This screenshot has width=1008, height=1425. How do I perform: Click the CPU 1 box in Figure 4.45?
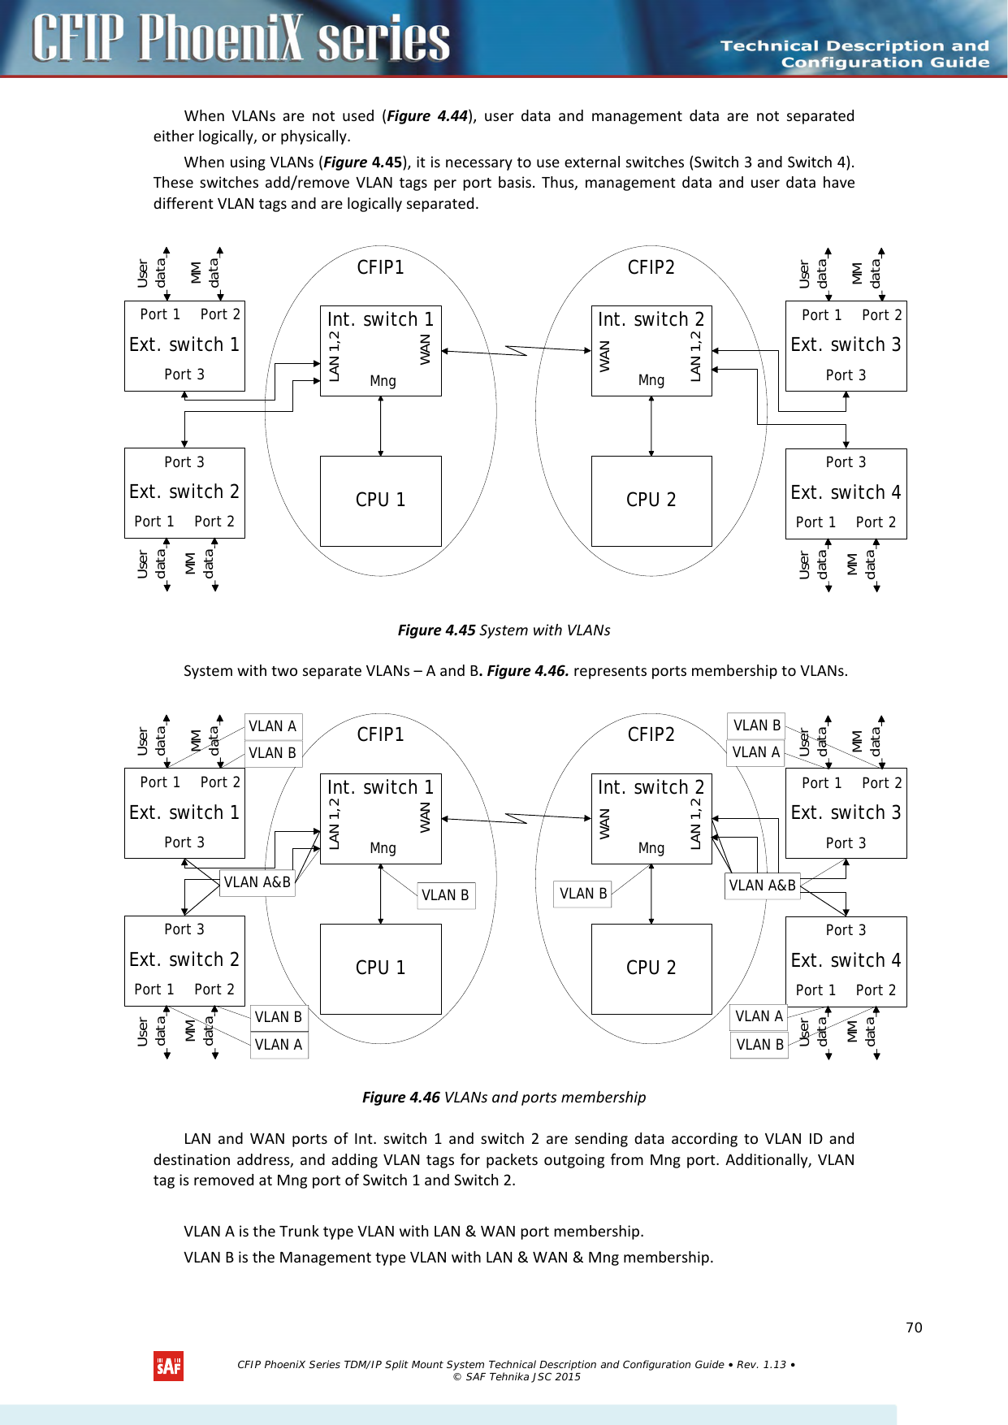point(380,500)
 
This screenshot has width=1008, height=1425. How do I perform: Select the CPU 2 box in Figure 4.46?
point(651,968)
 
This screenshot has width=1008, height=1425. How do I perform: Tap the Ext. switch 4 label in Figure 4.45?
point(846,492)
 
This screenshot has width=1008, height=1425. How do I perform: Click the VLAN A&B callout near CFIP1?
point(257,882)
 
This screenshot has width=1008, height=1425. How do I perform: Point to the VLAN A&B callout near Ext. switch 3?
point(762,886)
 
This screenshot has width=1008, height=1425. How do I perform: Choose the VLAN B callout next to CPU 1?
point(445,895)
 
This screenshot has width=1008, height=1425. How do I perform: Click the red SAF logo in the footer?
point(168,1366)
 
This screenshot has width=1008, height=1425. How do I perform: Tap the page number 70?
point(914,1328)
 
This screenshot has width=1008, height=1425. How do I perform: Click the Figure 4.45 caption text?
point(504,630)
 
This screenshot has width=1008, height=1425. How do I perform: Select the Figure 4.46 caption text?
point(504,1097)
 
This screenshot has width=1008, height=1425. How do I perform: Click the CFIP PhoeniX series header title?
point(240,38)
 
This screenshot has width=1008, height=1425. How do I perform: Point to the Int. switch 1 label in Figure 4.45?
point(380,319)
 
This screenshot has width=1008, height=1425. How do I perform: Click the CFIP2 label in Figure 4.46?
point(651,734)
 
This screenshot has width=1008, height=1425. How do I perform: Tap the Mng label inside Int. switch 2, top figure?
point(651,380)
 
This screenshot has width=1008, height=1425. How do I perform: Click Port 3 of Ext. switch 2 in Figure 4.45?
point(184,462)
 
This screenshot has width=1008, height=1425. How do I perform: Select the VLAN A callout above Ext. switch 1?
point(272,726)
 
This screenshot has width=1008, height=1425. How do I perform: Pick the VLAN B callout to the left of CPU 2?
point(583,894)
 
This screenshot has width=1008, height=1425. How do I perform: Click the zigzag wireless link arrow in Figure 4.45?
point(516,350)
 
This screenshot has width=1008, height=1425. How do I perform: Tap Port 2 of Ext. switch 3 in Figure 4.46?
point(881,783)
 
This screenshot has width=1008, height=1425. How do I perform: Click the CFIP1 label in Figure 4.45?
point(380,267)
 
